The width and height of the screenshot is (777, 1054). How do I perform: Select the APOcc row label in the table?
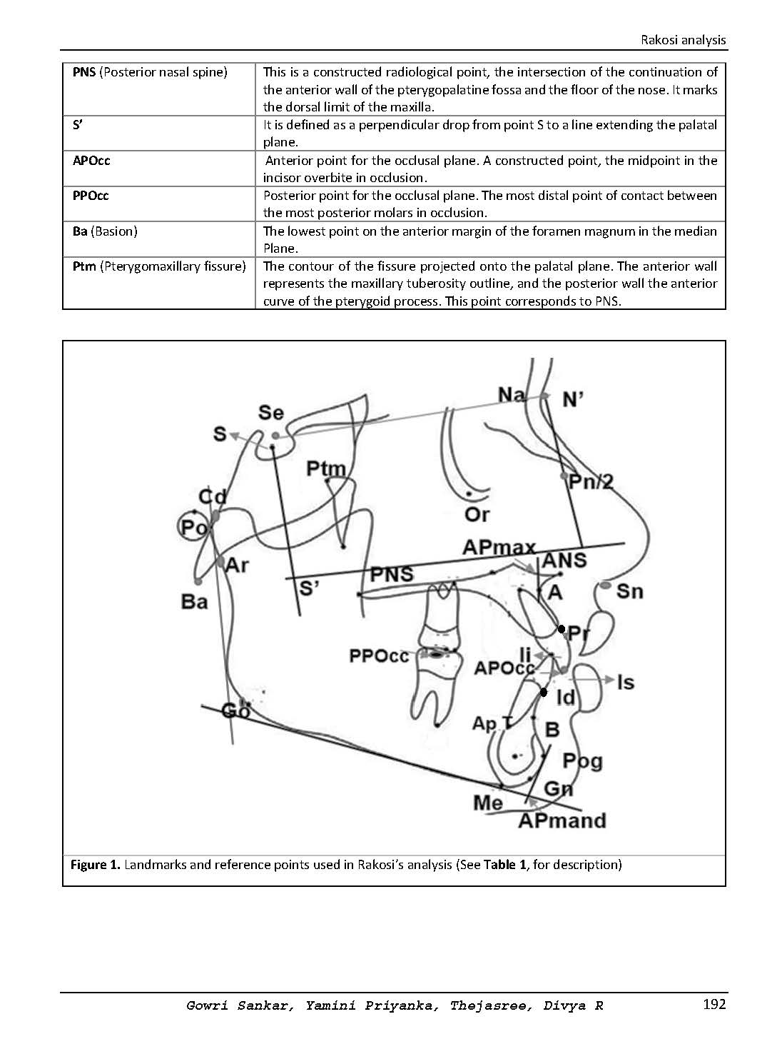(91, 161)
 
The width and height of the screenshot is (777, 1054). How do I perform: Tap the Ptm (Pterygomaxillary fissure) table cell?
(159, 266)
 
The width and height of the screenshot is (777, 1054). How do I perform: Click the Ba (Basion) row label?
(105, 231)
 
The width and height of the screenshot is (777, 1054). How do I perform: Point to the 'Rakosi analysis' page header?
(684, 40)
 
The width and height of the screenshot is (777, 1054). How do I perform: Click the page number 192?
(713, 1005)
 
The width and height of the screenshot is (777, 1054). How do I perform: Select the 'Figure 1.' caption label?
(95, 865)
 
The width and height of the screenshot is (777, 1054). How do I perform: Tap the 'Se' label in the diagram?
(270, 413)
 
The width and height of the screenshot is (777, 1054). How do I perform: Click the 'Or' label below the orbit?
(477, 514)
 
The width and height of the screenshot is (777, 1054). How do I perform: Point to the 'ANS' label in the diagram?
(564, 560)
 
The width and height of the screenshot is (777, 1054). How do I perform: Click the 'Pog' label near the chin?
(582, 761)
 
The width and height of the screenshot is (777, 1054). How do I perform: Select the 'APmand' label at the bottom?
(562, 820)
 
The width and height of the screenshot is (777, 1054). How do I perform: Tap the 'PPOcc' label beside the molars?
(379, 656)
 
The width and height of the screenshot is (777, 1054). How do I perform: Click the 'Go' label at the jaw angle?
(235, 711)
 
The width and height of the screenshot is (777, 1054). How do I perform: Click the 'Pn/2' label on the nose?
(590, 482)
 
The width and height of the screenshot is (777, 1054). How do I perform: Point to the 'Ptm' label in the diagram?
(326, 469)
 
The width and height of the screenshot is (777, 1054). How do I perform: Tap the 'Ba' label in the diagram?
(194, 601)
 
